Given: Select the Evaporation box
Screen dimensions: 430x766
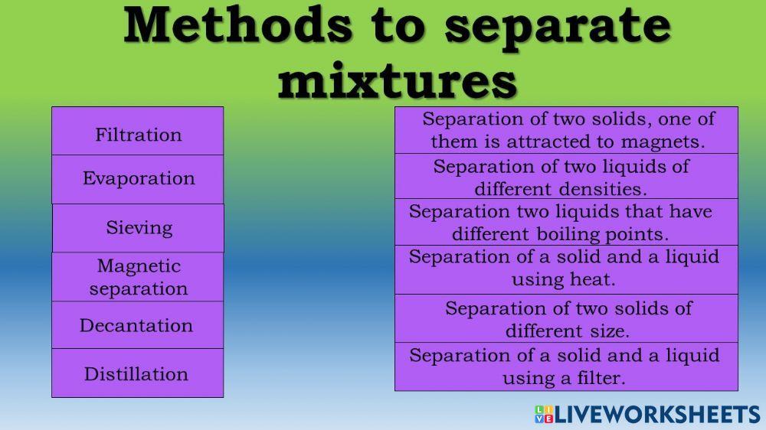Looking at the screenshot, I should [138, 179].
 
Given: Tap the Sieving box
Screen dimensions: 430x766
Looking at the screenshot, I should [139, 227].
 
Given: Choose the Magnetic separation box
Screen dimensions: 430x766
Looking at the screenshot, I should [138, 277].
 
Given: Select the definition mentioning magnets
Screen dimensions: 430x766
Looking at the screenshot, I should [567, 130].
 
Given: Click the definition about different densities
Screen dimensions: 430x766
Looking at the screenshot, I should [567, 177].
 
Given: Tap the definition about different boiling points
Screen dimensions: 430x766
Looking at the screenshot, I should [567, 222].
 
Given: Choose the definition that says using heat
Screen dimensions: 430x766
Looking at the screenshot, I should [567, 268].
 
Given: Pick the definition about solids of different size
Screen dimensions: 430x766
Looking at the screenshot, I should [567, 319].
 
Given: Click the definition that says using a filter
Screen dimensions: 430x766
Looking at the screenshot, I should [567, 366].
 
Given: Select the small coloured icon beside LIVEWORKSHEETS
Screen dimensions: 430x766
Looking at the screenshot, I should [544, 415].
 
